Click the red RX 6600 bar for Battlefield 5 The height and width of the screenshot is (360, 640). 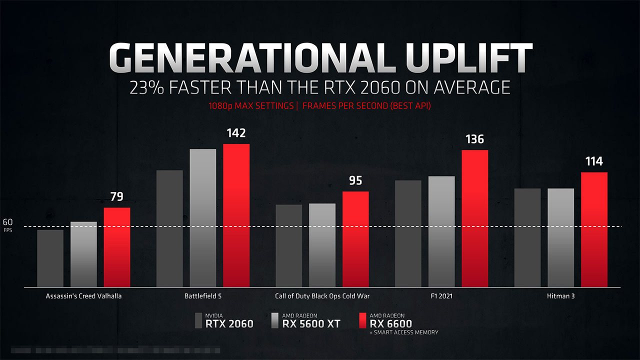point(236,215)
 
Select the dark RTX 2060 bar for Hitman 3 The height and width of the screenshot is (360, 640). point(527,237)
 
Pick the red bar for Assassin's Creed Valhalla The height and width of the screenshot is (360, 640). point(117,247)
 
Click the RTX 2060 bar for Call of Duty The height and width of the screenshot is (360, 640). point(288,245)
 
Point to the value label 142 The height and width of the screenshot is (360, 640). point(236,133)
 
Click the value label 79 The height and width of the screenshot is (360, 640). point(117,196)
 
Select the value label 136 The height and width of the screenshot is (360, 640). point(474,139)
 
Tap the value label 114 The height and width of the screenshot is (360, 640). point(594,161)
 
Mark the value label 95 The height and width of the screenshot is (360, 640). point(355,180)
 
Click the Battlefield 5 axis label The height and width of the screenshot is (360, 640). point(203,296)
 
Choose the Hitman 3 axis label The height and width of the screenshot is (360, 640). point(560,296)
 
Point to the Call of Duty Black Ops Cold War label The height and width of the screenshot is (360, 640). point(322,296)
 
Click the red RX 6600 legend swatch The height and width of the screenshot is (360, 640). point(362,320)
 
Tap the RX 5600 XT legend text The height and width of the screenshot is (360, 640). point(311,323)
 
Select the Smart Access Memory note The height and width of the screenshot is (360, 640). point(404,332)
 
